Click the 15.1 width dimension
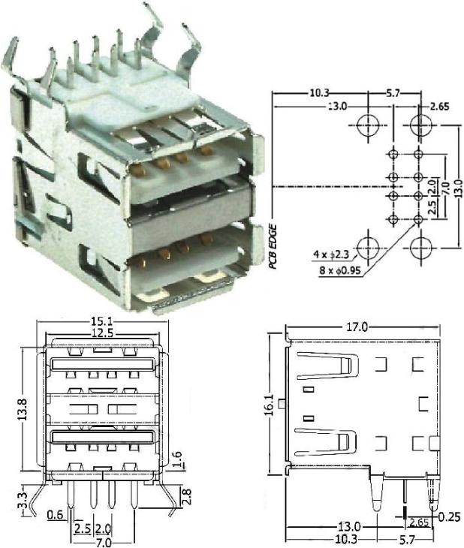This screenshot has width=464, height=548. pyautogui.click(x=104, y=322)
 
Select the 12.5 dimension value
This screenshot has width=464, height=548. pyautogui.click(x=104, y=333)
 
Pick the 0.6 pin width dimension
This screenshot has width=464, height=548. pyautogui.click(x=55, y=514)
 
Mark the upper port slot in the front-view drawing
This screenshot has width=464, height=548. pyautogui.click(x=104, y=366)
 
